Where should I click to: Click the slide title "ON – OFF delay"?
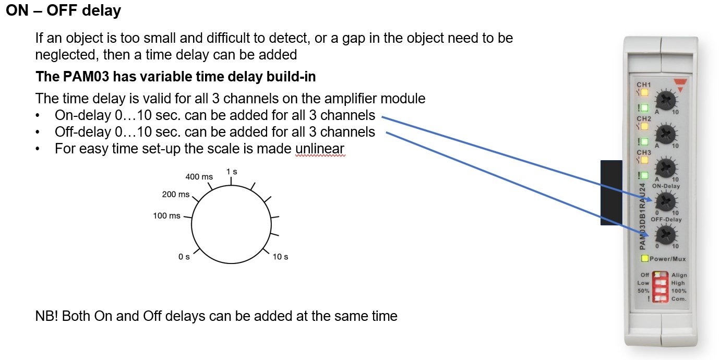pyautogui.click(x=64, y=10)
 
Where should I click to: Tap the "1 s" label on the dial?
pyautogui.click(x=232, y=172)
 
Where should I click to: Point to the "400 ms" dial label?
pyautogui.click(x=199, y=177)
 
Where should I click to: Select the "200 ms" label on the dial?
pyautogui.click(x=176, y=194)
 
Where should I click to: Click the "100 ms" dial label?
pyautogui.click(x=166, y=215)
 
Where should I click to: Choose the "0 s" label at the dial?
pyautogui.click(x=184, y=257)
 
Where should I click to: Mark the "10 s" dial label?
pyautogui.click(x=280, y=257)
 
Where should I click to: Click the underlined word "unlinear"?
pyautogui.click(x=319, y=149)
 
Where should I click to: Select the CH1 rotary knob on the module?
pyautogui.click(x=666, y=99)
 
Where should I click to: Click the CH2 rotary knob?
pyautogui.click(x=666, y=134)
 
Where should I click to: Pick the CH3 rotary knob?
pyautogui.click(x=666, y=168)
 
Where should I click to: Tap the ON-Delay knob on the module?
pyautogui.click(x=666, y=201)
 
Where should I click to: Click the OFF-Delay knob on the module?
pyautogui.click(x=666, y=234)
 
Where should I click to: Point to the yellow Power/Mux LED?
pyautogui.click(x=645, y=259)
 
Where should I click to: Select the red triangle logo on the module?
pyautogui.click(x=679, y=84)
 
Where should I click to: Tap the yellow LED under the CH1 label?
pyautogui.click(x=644, y=93)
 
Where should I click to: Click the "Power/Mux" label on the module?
pyautogui.click(x=668, y=259)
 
